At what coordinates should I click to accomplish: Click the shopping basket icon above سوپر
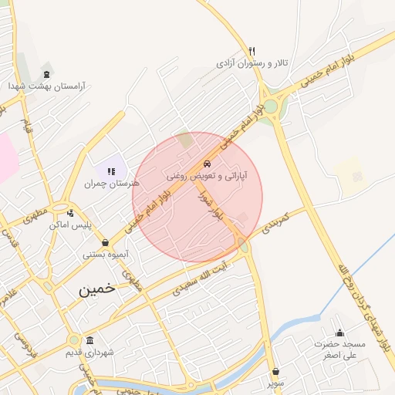[x=275, y=371]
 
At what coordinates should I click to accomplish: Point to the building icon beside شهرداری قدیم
[x=90, y=341]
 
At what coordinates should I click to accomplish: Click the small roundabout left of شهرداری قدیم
[x=73, y=339]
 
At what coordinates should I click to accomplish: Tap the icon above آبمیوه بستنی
[x=104, y=243]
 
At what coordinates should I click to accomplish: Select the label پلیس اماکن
[x=70, y=225]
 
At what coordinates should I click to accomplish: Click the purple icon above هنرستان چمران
[x=110, y=171]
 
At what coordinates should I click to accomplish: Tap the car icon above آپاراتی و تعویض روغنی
[x=207, y=164]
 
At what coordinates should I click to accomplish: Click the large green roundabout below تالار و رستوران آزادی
[x=272, y=105]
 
